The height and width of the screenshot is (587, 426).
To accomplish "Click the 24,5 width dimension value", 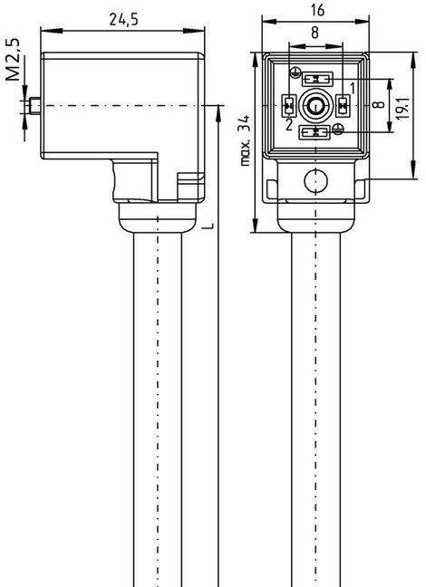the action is click(x=123, y=19).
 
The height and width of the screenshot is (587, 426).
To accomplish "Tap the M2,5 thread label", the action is click(x=14, y=60).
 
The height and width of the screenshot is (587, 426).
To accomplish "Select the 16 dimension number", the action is click(x=317, y=10).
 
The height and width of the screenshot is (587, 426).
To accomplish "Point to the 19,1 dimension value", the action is click(x=402, y=108).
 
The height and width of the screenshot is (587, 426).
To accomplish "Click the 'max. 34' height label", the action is click(x=245, y=140).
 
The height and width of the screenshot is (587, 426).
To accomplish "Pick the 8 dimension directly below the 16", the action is click(x=315, y=33).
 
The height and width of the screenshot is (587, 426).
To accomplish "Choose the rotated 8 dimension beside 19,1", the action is click(x=379, y=103).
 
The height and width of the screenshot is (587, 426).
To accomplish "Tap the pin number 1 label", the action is click(x=353, y=89).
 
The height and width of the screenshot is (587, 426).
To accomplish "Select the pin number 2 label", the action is click(x=288, y=125).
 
